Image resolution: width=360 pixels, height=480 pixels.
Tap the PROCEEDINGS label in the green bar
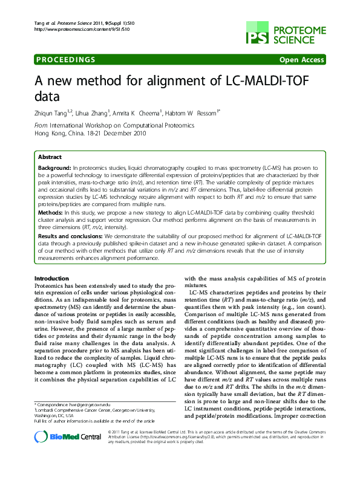pos(66,59)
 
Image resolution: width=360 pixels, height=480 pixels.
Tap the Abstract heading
pos(50,156)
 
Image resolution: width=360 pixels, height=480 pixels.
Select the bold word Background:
pos(54,166)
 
